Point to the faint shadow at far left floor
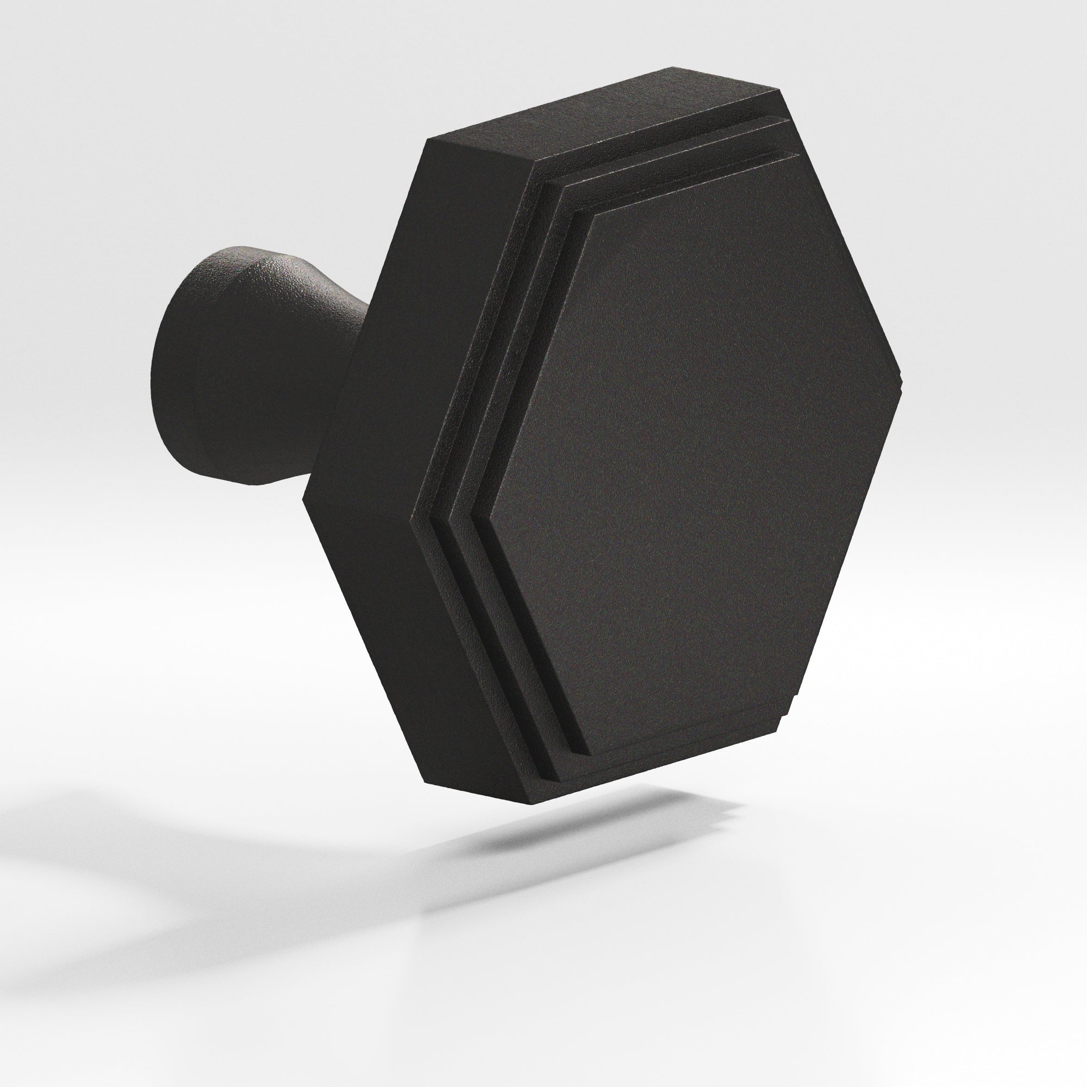click(113, 844)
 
